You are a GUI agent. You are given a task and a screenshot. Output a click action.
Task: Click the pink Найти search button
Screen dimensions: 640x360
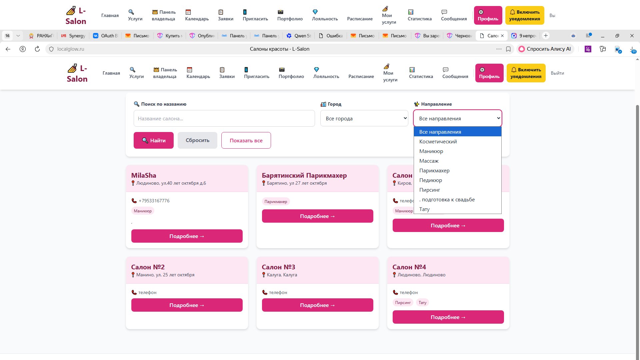[154, 140]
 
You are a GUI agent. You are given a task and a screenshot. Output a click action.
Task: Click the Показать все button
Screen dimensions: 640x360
[246, 140]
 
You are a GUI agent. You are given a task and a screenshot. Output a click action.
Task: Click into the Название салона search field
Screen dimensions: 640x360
[224, 118]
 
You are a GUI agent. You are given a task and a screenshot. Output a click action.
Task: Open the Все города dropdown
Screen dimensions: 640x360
[364, 118]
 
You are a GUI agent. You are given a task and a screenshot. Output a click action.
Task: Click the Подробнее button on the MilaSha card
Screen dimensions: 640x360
[187, 236]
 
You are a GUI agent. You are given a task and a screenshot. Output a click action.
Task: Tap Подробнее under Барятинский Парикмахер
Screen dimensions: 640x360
[317, 216]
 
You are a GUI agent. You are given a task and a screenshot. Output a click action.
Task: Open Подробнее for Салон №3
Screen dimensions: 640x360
[317, 305]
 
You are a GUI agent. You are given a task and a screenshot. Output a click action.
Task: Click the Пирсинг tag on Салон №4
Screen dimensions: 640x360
[403, 303]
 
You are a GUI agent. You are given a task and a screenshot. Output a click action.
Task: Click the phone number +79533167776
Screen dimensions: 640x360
[154, 201]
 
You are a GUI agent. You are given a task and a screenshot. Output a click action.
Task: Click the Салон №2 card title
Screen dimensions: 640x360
[148, 267]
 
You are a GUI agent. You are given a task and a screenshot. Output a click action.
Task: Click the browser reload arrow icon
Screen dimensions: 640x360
[37, 49]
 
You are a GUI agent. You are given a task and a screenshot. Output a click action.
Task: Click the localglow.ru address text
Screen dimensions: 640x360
[71, 49]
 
